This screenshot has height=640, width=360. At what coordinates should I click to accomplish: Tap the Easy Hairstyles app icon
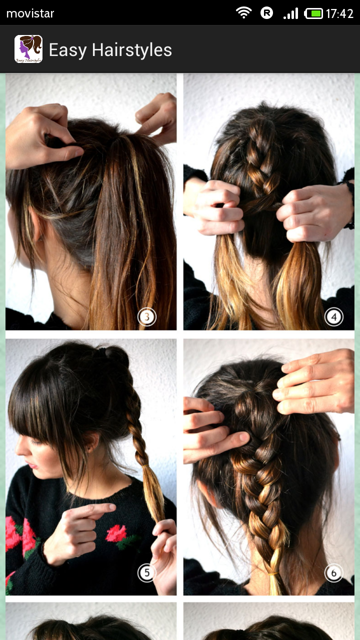[28, 49]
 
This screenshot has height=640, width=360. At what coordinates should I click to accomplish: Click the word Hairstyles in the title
[132, 50]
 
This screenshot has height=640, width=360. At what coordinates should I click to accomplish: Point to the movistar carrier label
[30, 13]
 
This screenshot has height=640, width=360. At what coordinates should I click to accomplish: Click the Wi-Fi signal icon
[243, 13]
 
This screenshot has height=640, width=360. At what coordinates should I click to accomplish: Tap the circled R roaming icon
[266, 13]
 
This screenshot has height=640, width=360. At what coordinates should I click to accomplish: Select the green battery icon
[313, 13]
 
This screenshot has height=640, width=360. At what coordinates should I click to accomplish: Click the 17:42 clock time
[339, 13]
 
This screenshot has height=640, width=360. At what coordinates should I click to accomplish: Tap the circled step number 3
[147, 317]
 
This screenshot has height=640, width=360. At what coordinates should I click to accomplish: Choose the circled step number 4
[333, 317]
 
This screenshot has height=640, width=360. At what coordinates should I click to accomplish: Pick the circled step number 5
[147, 572]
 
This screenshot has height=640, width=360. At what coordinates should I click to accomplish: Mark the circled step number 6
[333, 572]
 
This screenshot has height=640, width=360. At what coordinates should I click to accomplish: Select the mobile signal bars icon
[291, 13]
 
